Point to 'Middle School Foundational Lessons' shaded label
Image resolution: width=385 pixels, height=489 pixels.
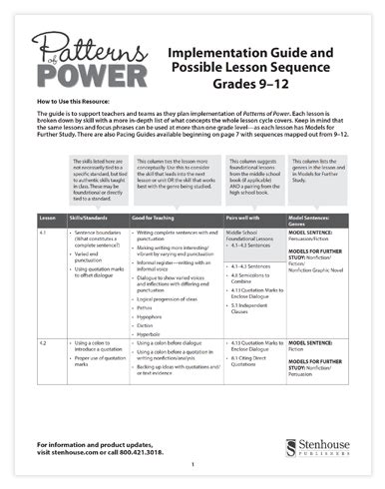click(x=253, y=262)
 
